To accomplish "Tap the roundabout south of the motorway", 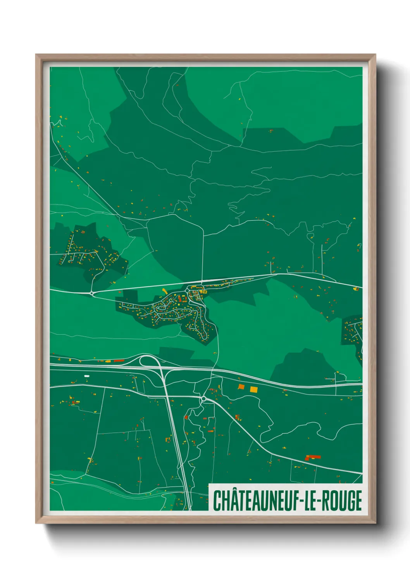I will coord(203,398).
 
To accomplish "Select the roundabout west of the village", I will coord(92,293).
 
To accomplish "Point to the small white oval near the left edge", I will coord(87,376).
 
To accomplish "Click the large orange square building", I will coord(241,387).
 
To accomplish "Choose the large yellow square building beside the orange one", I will coord(254,389).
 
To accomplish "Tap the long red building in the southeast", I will coord(313,457).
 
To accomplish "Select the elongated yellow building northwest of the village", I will coord(164,290).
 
